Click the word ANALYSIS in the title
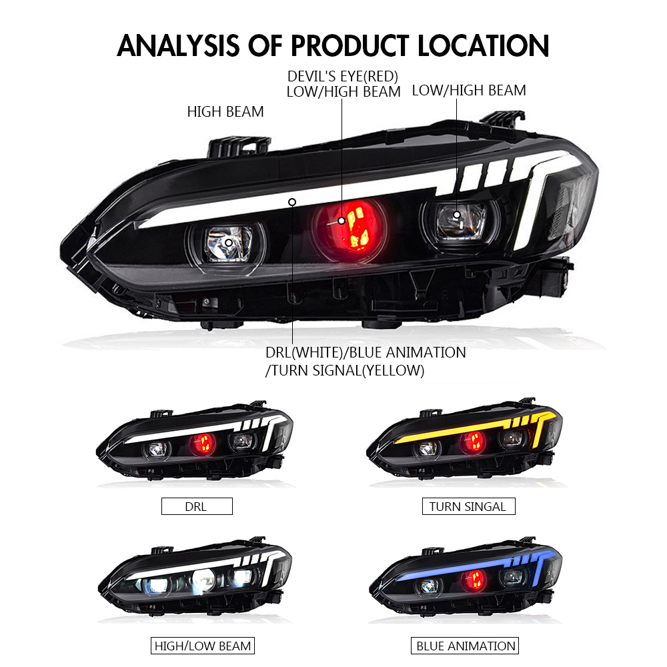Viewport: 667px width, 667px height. pos(178,46)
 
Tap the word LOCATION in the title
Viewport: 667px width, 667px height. pos(484,46)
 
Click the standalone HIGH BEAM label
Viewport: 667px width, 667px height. pos(225,112)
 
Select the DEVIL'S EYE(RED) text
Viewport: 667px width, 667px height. pos(343,77)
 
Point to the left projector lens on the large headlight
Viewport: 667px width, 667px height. pos(227,243)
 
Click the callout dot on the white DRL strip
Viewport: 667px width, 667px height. pos(292,202)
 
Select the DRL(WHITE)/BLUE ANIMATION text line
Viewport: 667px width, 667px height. pos(366,353)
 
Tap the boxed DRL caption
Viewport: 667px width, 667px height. pos(197,506)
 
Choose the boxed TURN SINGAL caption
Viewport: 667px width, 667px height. pos(468,506)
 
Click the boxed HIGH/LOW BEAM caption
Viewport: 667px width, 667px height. pos(203,646)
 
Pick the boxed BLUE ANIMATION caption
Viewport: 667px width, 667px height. pos(465,646)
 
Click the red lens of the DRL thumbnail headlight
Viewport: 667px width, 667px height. pos(202,444)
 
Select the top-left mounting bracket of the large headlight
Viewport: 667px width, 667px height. pos(237,147)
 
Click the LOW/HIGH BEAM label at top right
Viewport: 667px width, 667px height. pos(469,91)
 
